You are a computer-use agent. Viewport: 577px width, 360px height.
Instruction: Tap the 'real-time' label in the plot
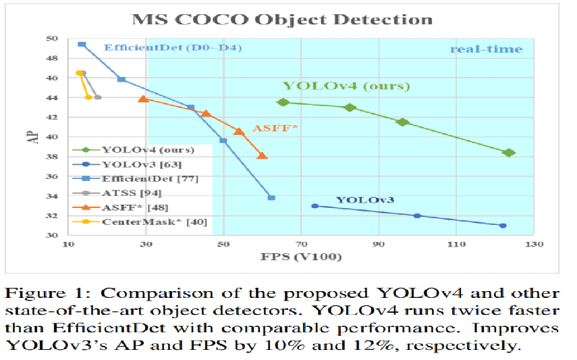[486, 49]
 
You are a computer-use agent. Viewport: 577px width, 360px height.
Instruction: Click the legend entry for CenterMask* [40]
[154, 222]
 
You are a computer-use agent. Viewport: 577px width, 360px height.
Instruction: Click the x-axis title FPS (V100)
[301, 257]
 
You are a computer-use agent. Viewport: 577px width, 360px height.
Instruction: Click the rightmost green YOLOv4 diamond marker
[509, 153]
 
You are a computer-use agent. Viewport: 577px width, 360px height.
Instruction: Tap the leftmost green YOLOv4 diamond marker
[283, 102]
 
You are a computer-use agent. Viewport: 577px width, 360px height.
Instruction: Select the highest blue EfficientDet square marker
[82, 44]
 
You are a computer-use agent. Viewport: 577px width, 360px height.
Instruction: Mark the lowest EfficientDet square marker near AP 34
[271, 198]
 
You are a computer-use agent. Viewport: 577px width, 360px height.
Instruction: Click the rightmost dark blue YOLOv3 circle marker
[503, 226]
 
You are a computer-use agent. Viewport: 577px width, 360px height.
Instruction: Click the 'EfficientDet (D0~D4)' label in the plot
[172, 48]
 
